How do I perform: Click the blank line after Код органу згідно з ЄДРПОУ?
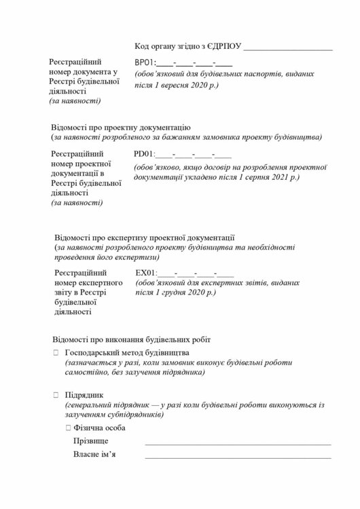[287, 49]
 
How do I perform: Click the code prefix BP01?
[145, 62]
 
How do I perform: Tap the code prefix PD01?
[145, 155]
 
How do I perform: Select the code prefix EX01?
[145, 273]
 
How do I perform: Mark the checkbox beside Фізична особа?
[68, 428]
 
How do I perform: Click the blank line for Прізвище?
[238, 442]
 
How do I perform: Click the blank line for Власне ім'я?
[238, 456]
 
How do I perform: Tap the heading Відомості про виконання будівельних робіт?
[131, 338]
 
